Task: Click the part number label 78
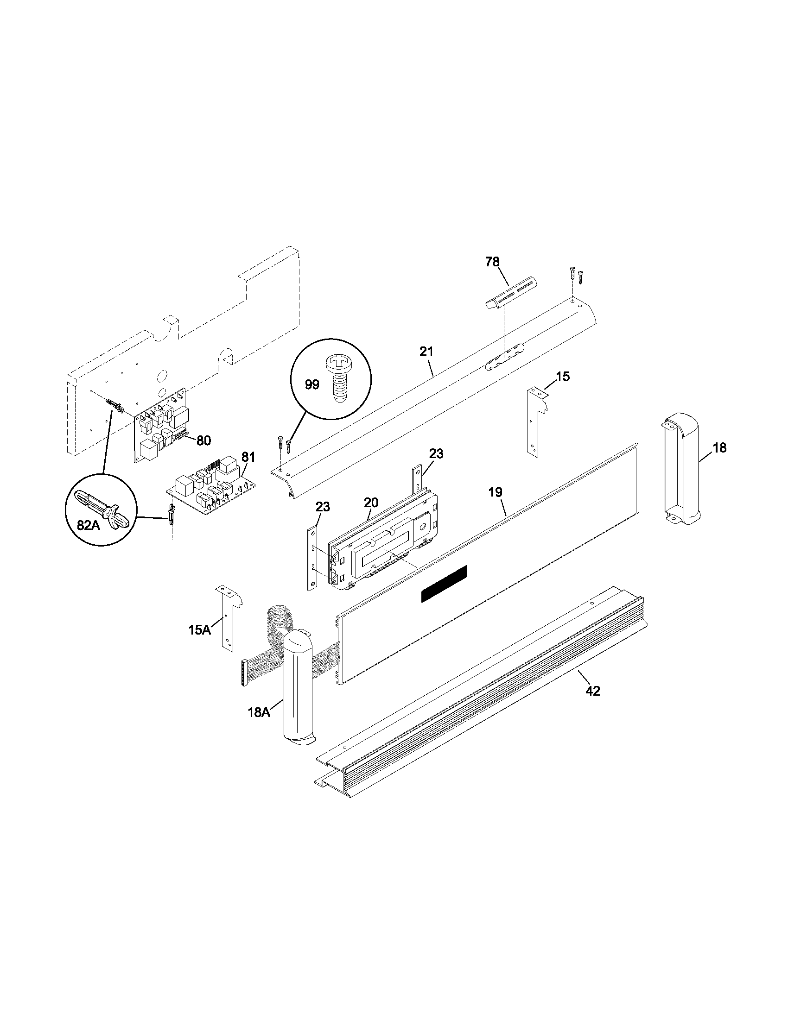[492, 262]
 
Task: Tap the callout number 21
[426, 352]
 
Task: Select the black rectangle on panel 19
[444, 583]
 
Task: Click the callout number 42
[592, 691]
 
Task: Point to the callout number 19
[496, 492]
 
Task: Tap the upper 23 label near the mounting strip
[436, 453]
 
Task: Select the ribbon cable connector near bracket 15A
[243, 673]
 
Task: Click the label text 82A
[88, 525]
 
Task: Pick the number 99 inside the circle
[312, 385]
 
